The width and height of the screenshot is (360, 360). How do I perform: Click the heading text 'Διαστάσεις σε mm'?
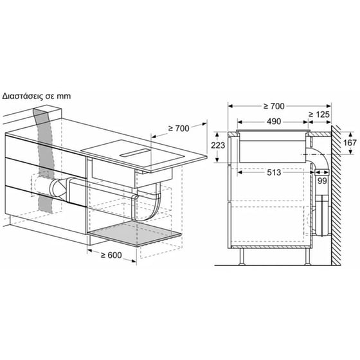point(36,96)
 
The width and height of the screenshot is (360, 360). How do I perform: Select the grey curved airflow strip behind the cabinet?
point(44,161)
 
